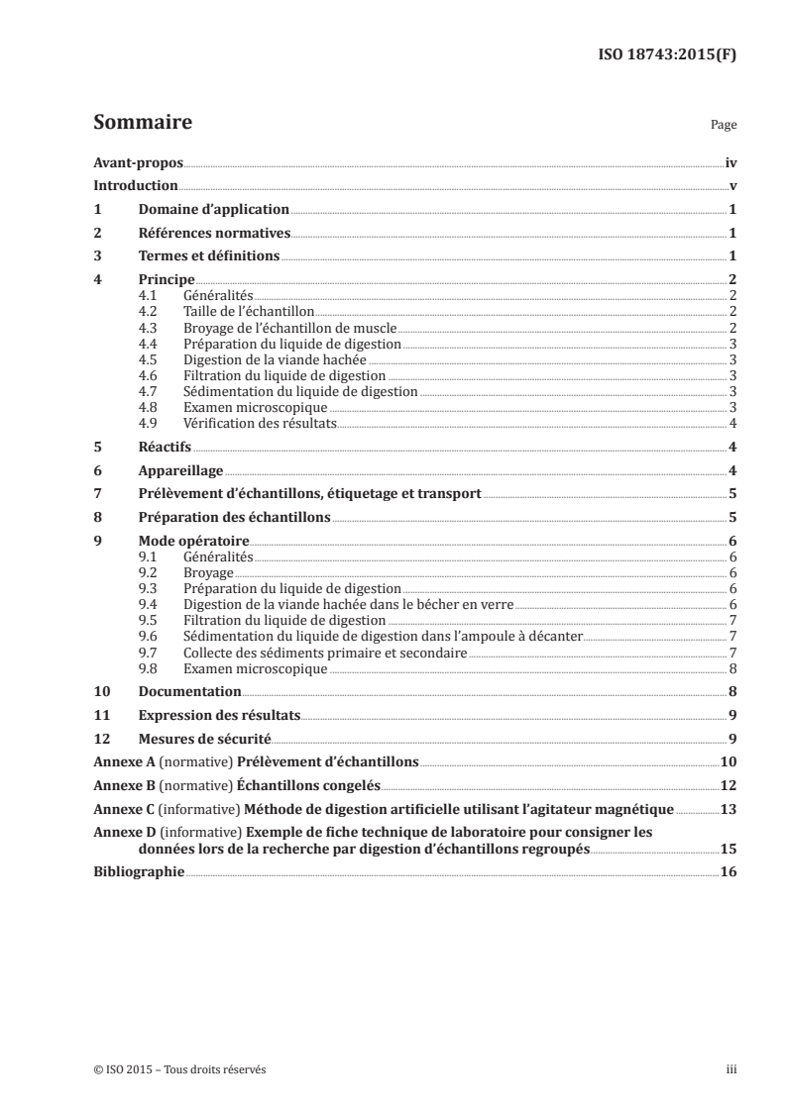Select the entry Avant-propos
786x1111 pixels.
coord(138,162)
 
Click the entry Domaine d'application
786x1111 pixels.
coord(213,210)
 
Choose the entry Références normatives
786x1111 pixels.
coord(214,234)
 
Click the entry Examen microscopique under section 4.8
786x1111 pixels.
coord(255,407)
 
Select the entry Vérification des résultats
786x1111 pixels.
coord(261,423)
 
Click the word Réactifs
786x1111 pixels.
coord(165,448)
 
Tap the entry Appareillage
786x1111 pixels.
coord(181,471)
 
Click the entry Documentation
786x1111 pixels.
coord(190,692)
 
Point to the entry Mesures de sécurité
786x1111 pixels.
coord(204,739)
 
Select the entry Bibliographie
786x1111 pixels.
coord(139,873)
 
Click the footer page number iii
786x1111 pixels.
coord(730,1070)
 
